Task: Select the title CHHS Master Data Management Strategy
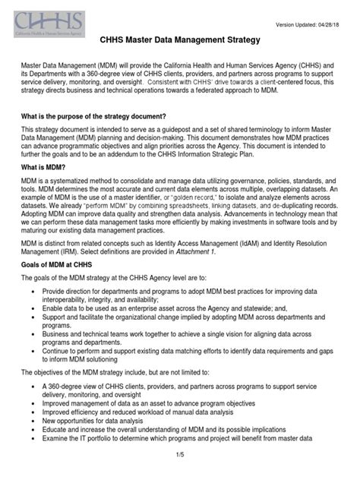tap(180, 38)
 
